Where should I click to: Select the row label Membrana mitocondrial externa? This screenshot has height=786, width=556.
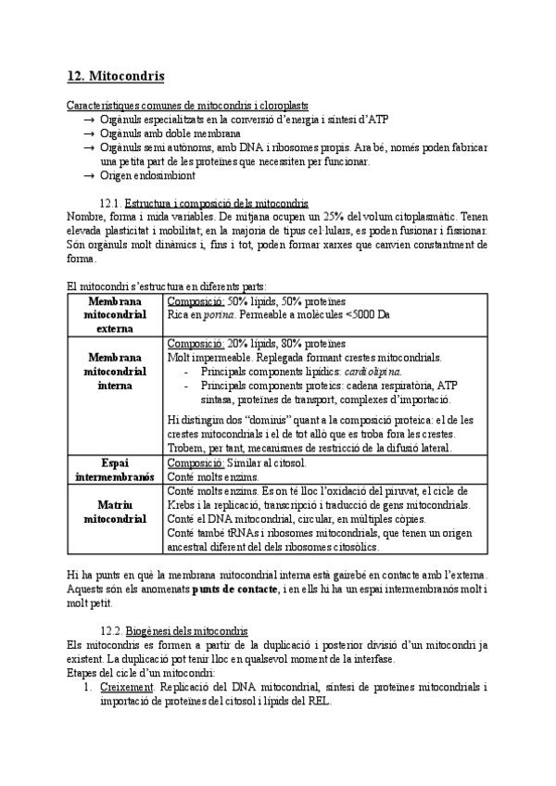tap(114, 314)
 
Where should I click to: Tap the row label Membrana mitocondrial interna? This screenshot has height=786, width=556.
tap(114, 371)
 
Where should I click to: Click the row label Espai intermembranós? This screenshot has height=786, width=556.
tap(114, 469)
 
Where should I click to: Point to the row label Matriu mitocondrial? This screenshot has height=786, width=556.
tap(114, 512)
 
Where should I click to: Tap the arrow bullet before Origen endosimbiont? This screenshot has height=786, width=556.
tap(87, 175)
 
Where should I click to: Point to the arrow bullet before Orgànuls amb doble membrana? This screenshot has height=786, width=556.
tap(87, 133)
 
